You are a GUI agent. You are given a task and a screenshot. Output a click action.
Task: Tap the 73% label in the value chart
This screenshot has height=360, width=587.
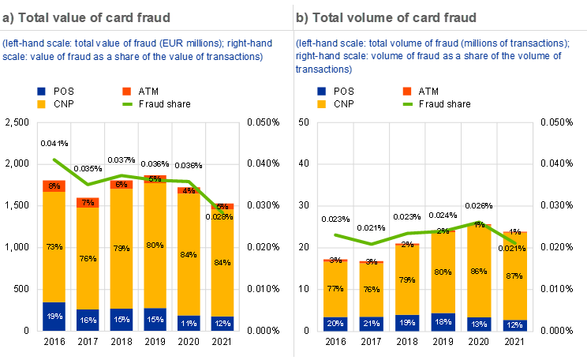[54, 247]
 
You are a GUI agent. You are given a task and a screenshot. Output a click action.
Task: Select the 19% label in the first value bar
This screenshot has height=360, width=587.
[54, 317]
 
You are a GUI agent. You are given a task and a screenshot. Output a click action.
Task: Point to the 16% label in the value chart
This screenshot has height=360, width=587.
[88, 321]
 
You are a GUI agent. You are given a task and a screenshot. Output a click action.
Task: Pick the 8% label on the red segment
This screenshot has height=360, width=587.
[54, 186]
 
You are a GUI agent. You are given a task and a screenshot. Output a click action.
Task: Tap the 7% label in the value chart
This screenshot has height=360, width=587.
[88, 202]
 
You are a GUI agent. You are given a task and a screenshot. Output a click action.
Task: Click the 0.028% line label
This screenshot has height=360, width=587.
[222, 216]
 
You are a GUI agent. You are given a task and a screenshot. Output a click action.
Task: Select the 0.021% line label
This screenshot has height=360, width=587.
[514, 249]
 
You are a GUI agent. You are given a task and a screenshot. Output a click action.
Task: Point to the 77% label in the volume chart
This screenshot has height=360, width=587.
[336, 289]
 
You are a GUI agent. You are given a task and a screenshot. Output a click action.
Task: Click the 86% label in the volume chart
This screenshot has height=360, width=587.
[478, 271]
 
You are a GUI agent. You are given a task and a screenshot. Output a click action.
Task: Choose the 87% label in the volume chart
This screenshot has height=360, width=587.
[514, 276]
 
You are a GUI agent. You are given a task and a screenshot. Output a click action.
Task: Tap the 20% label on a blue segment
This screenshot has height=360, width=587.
[336, 324]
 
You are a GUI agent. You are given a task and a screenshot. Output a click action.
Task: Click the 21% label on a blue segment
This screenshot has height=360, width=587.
[371, 324]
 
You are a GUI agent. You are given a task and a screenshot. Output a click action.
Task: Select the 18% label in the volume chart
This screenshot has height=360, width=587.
[443, 322]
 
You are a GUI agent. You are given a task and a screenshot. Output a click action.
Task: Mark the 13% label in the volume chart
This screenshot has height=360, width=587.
[478, 324]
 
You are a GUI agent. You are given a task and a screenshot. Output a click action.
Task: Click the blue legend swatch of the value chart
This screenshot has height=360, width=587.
[41, 92]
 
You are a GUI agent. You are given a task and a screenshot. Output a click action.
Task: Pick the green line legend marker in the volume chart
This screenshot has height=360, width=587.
[408, 104]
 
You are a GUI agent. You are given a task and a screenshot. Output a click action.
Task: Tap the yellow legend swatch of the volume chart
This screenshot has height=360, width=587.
[322, 104]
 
